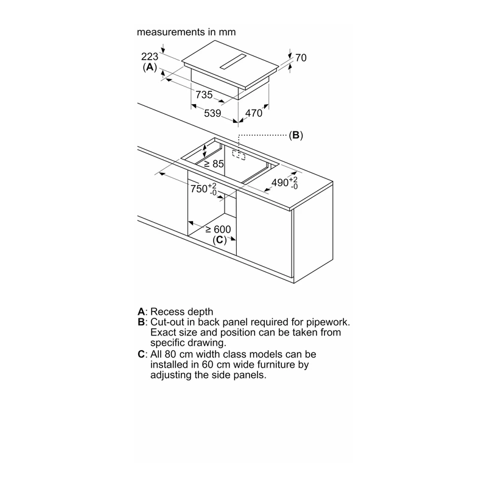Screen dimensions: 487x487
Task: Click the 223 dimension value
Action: (150, 57)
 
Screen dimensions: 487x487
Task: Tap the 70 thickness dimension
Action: (301, 58)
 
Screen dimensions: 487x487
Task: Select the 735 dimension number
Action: (204, 95)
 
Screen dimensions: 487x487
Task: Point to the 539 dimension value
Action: (212, 113)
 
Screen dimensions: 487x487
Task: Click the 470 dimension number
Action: (254, 113)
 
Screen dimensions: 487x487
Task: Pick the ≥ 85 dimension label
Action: (214, 164)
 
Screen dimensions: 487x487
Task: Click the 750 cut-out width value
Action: (199, 189)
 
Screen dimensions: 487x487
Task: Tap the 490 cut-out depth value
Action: (280, 183)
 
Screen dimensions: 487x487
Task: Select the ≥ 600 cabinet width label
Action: (219, 229)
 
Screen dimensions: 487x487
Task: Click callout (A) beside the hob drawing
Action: (150, 67)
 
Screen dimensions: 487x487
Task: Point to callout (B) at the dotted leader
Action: (296, 135)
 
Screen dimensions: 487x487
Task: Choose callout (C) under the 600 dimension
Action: (220, 240)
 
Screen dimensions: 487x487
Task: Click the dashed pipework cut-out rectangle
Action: (239, 155)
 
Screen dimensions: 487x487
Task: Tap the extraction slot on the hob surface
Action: (233, 61)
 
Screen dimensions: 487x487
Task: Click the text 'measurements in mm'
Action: (186, 32)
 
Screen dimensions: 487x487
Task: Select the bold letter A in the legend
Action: (141, 312)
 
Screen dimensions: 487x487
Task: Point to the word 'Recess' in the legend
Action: (167, 312)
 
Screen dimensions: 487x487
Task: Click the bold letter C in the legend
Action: (141, 354)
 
